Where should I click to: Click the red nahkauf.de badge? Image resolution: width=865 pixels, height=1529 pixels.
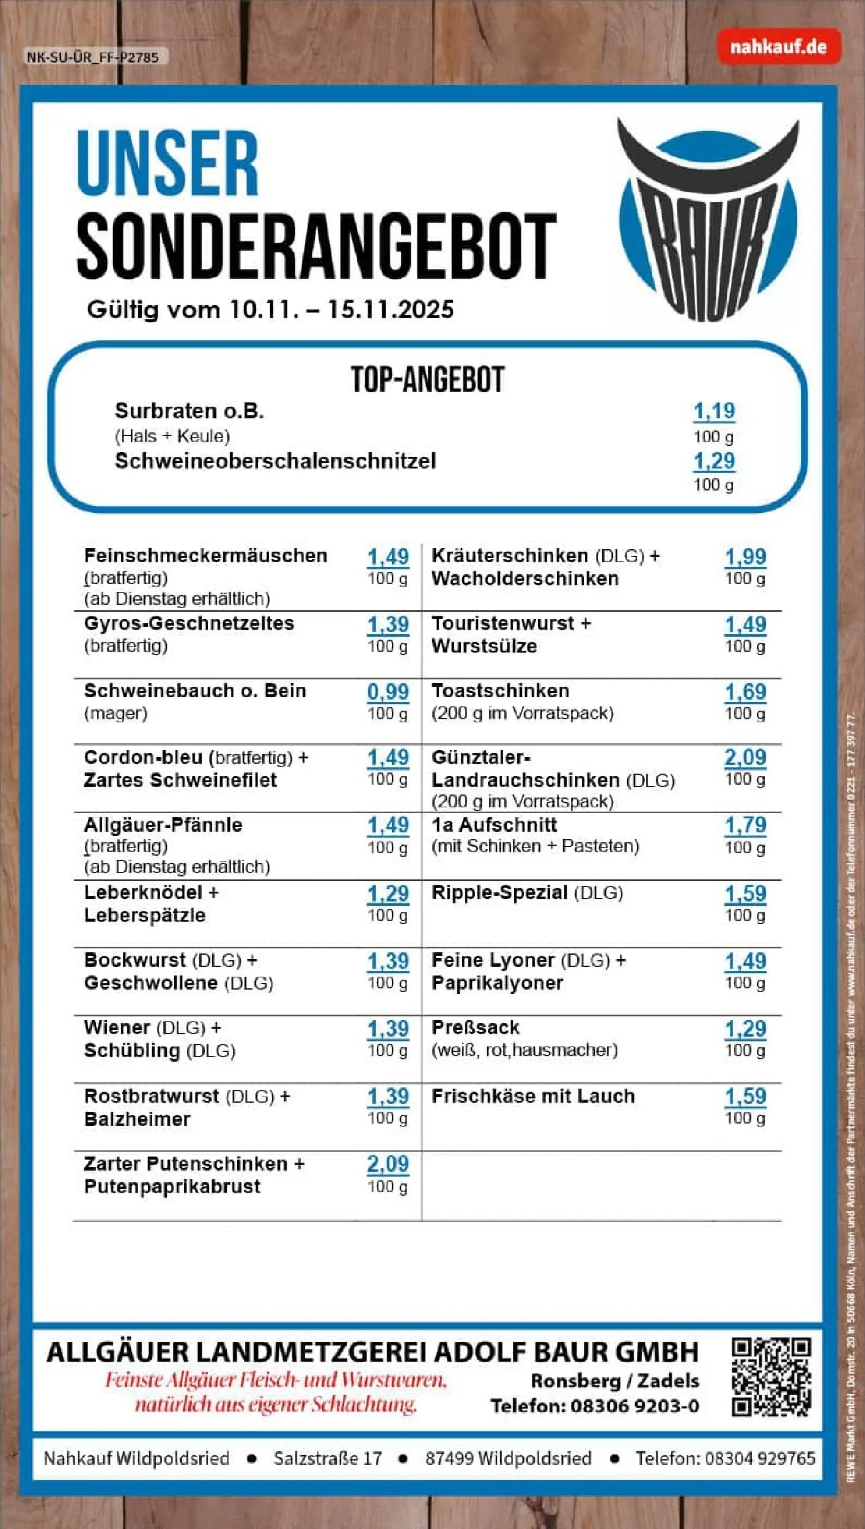click(778, 47)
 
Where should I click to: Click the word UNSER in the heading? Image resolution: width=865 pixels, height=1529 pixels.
click(167, 164)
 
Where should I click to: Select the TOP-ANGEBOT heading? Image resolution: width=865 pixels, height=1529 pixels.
click(427, 380)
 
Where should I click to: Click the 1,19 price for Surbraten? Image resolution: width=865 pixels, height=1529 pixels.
click(713, 411)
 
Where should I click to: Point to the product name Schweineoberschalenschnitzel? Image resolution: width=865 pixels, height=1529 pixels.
click(275, 461)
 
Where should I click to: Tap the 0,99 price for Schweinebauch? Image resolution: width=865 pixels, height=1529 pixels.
click(388, 692)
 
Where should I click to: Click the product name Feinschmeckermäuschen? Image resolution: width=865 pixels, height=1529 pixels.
click(205, 555)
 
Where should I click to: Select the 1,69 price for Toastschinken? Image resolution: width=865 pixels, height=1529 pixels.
click(745, 692)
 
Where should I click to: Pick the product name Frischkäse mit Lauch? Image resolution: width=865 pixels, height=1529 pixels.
click(533, 1095)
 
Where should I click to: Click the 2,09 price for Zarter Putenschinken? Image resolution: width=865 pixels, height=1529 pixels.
click(388, 1163)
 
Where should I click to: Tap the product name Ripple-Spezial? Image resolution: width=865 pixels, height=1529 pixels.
click(499, 892)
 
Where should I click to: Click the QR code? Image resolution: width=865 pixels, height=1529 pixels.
click(771, 1377)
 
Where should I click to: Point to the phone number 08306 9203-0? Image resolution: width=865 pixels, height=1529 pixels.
click(635, 1406)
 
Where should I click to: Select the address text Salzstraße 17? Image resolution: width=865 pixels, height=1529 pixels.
click(328, 1458)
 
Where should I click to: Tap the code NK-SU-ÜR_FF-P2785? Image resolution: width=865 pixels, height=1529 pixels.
click(92, 57)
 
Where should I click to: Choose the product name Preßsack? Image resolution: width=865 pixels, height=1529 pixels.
click(475, 1027)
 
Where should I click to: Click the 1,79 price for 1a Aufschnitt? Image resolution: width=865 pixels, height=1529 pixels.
click(745, 825)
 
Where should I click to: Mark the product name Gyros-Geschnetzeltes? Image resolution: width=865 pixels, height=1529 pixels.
click(189, 623)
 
